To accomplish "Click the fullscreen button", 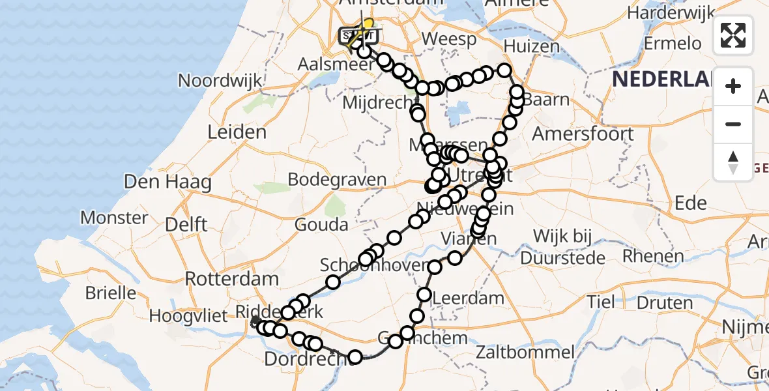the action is pos(733,35).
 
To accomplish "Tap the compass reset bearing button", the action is pos(733,162).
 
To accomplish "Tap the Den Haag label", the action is pos(167,182).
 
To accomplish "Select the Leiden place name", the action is pos(237,132).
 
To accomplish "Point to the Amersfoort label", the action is pos(583,134).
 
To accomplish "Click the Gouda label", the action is pos(321,225).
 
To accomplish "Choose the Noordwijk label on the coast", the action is pos(220,81).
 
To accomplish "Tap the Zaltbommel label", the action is pos(525,353).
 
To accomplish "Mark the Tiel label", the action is pos(600,302).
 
